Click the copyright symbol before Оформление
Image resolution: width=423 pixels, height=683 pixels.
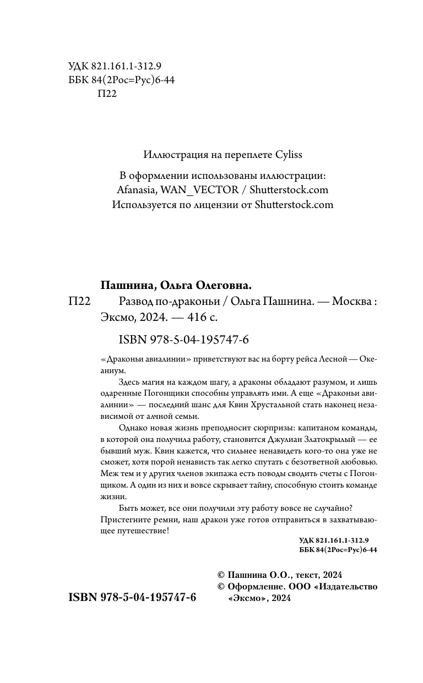click(x=222, y=587)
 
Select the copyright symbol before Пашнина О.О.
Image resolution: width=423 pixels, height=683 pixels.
click(x=222, y=575)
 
